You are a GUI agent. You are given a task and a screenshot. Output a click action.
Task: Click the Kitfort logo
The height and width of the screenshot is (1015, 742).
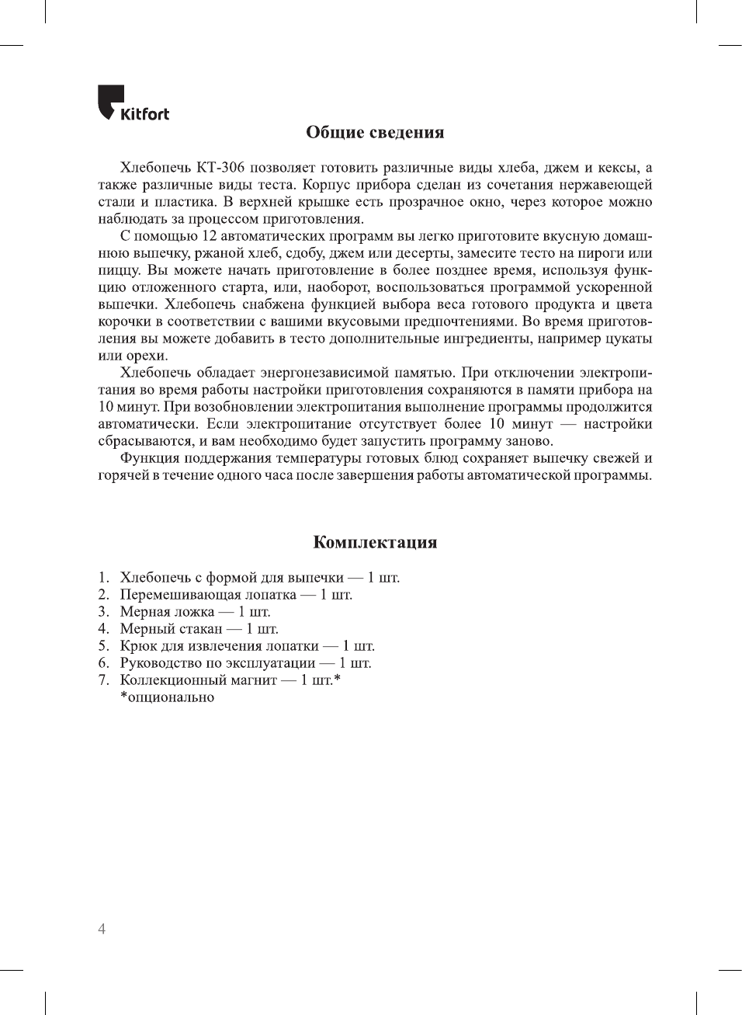point(133,103)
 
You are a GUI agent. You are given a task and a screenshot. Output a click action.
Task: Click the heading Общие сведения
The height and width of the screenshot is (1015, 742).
point(375,132)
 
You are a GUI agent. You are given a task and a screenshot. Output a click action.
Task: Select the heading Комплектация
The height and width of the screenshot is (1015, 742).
point(375,542)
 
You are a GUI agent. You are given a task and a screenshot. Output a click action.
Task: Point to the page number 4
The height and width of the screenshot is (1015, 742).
point(102,929)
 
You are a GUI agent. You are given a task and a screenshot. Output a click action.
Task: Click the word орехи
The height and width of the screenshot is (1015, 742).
point(146,356)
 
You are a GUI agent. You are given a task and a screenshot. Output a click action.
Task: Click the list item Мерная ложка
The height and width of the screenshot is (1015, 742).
point(167,612)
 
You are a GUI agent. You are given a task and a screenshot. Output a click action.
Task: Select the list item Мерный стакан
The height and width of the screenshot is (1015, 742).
point(171,629)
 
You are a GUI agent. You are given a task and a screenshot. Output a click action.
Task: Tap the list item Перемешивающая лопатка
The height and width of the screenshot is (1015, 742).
point(208,595)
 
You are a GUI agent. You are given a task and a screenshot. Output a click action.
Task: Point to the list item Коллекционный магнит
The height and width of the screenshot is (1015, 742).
point(198,680)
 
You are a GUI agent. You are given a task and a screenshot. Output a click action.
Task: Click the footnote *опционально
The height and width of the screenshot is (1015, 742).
point(167,697)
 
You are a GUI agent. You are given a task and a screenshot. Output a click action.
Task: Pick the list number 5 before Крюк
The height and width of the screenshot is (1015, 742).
point(103,646)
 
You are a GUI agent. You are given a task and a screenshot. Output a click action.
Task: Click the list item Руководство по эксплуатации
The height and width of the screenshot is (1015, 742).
point(217,663)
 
